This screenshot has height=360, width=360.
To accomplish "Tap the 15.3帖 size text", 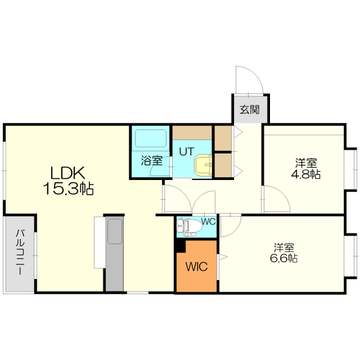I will tap(68, 189).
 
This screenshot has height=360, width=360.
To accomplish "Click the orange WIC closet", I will tap(197, 266).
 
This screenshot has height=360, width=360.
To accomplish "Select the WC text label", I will tap(208, 221).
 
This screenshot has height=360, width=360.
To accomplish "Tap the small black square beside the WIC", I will tap(179, 245).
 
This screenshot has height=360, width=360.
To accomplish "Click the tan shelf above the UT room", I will tap(192, 132).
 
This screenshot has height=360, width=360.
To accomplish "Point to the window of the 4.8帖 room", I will tap(348, 167).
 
